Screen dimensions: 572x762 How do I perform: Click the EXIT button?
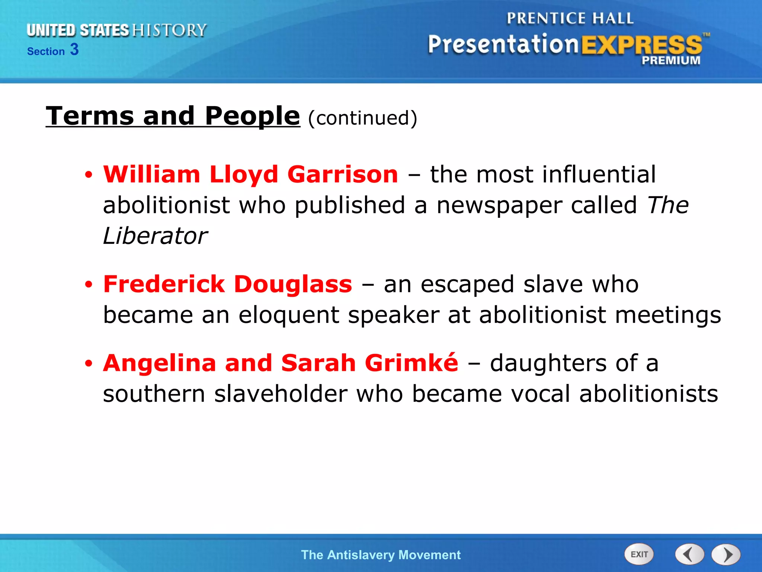[639, 554]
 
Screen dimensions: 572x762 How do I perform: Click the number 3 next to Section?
[74, 50]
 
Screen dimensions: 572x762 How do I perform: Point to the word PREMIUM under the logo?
[671, 60]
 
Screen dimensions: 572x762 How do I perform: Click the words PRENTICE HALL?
[570, 19]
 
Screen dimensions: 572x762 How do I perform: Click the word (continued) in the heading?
[363, 118]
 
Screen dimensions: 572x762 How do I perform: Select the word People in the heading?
[252, 116]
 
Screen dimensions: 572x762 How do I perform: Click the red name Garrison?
[343, 174]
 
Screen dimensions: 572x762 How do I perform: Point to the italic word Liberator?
[155, 236]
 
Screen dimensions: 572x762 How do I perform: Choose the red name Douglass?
[293, 284]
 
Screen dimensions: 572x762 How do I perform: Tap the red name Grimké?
[412, 363]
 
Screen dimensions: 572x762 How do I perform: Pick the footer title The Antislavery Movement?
[381, 555]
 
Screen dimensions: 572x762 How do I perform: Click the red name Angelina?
[160, 363]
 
